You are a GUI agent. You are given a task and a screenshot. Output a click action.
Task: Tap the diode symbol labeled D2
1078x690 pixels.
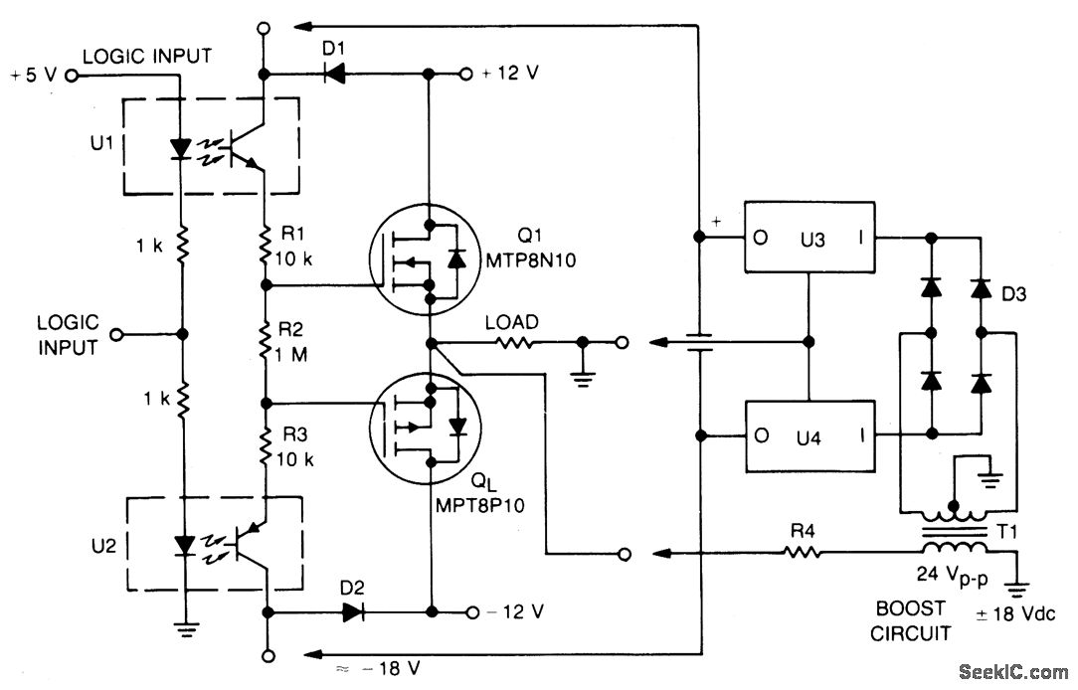pos(352,611)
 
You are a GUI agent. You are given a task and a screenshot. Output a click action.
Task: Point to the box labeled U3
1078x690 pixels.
pos(809,241)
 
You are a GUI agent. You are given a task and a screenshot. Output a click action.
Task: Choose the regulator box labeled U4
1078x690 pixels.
pos(809,435)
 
